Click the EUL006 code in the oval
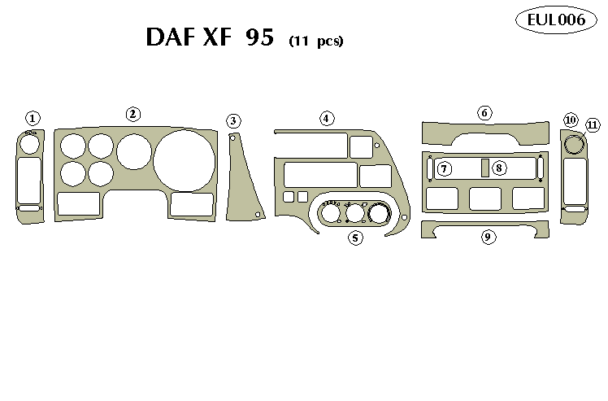tap(557, 20)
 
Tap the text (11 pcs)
tap(316, 41)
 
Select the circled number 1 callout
tap(33, 119)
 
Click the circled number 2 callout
tap(133, 115)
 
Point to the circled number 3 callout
tap(234, 121)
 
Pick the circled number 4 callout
tap(326, 119)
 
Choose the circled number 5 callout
tap(354, 238)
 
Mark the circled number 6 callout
tap(484, 112)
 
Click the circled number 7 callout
tap(445, 168)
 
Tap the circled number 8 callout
tap(499, 168)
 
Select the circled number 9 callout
tap(488, 237)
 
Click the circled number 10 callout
tap(571, 120)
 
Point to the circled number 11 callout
tap(592, 125)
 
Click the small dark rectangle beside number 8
tap(484, 168)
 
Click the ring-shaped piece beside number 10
tap(574, 146)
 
